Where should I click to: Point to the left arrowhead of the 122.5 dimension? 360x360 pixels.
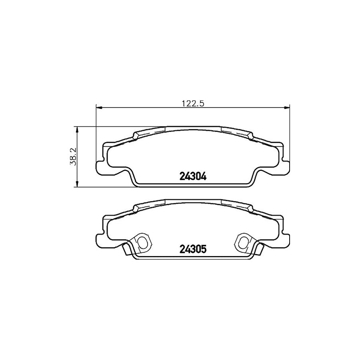pos(99,107)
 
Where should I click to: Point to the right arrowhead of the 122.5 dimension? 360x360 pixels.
pos(287,107)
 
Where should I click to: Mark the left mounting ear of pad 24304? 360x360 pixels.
pos(100,166)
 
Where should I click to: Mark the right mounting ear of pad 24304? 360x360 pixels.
pos(286,166)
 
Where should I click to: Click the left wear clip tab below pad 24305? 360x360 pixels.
pos(127,249)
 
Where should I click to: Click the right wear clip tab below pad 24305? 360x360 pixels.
pos(258,249)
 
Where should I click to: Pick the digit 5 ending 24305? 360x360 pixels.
pos(204,249)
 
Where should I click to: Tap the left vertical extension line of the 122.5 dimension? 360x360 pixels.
pos(96,132)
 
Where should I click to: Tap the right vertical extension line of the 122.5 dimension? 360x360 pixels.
pos(289,132)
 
